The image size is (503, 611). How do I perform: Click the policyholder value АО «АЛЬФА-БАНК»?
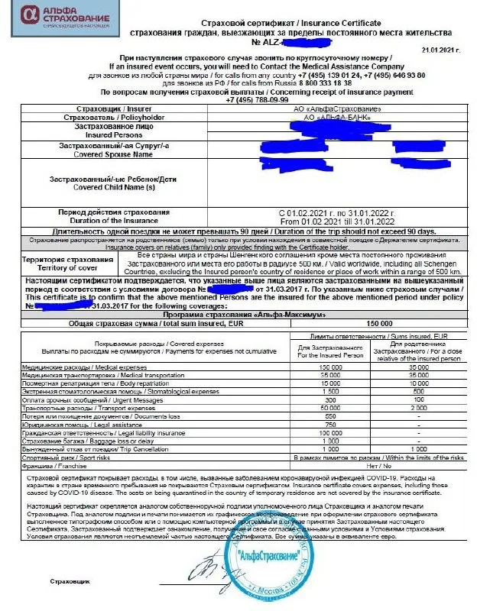tap(332, 118)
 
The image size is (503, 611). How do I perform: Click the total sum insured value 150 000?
tap(379, 323)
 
